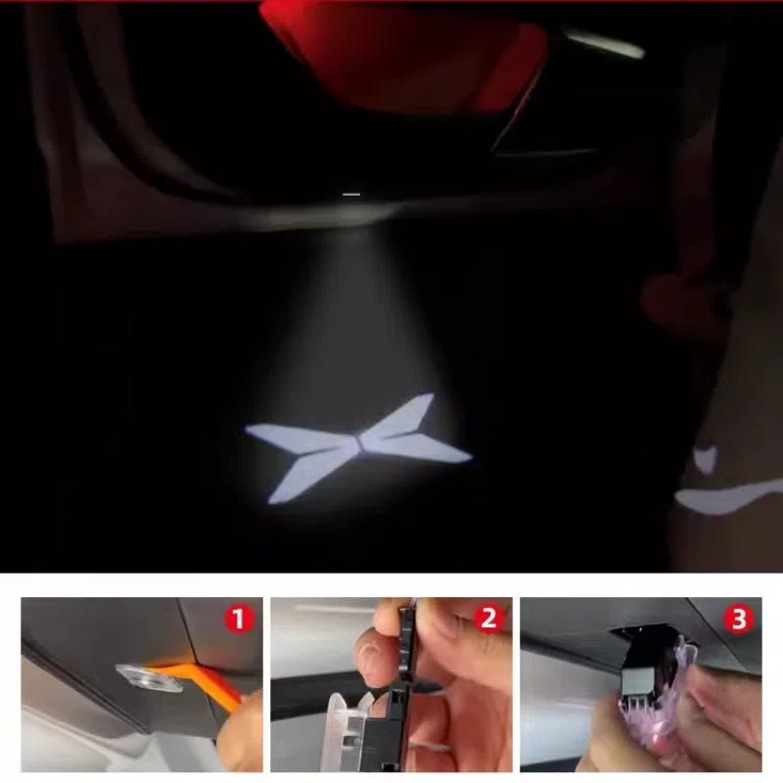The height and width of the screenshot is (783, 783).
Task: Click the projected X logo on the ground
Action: [357, 446]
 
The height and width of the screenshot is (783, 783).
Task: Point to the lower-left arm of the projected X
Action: [309, 475]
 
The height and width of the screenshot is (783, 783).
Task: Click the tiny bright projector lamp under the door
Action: [351, 194]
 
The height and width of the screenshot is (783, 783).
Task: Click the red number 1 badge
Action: [239, 620]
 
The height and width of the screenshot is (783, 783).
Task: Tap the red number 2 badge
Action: [488, 620]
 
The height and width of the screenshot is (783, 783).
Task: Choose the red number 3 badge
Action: [738, 620]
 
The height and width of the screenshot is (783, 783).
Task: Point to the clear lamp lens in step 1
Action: [150, 677]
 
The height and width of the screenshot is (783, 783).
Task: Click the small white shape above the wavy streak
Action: [705, 458]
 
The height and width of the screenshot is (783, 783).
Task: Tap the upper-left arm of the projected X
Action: [299, 436]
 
